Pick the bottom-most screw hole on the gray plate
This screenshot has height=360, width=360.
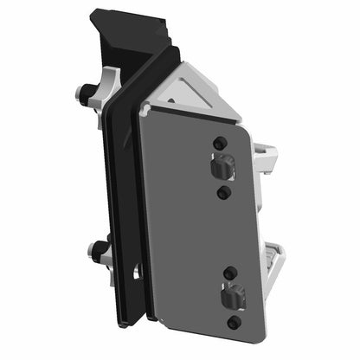coord(234,323)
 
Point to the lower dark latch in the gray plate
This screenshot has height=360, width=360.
coord(230,298)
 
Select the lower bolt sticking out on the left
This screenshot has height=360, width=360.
coord(95,253)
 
